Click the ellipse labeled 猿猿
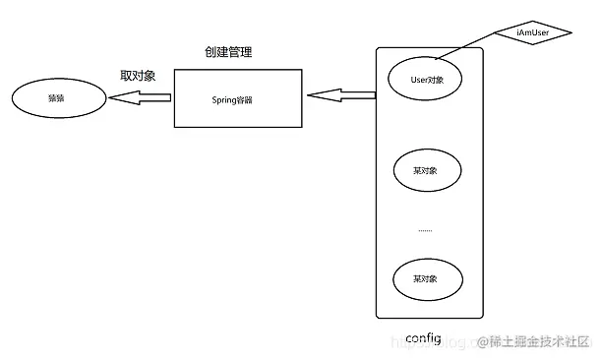[56, 99]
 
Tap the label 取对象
[137, 76]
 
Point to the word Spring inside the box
[225, 99]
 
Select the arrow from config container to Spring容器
[341, 95]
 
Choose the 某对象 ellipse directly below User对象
[425, 169]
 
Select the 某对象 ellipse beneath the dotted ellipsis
[425, 278]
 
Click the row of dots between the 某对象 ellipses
[425, 229]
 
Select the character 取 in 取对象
[126, 76]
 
